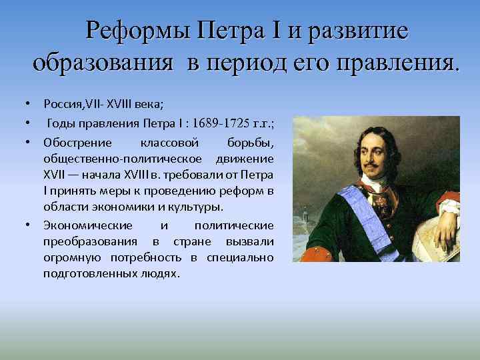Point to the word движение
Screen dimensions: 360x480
coord(249,159)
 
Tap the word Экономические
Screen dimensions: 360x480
coord(88,225)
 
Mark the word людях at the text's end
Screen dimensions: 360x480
coord(161,273)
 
